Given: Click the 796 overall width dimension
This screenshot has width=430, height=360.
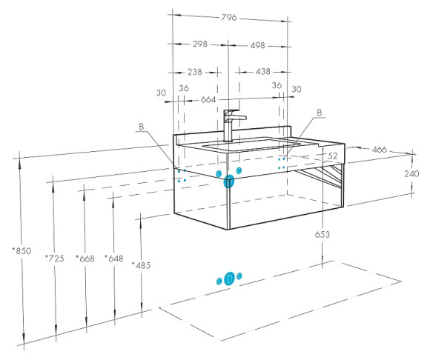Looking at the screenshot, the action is coord(228,18).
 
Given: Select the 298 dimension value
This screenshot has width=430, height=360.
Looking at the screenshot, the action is coord(200,44).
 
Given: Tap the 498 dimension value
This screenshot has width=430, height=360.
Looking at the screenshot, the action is coord(257,45).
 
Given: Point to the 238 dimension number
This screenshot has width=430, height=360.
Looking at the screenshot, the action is coord(195,72).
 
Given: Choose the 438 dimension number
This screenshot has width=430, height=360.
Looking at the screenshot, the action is coord(262,72).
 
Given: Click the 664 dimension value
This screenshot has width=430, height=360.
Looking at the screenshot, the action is coord(208,99).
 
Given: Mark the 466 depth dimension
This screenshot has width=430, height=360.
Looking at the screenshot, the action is coord(380,150).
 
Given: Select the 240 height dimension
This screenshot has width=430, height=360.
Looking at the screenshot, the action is coord(411,173).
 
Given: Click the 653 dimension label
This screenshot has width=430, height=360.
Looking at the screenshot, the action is coord(322,235).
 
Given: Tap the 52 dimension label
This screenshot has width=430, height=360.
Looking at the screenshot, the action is coord(333,156).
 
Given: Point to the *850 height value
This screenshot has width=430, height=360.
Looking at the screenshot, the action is coord(22,250).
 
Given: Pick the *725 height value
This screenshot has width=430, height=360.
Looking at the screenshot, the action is coord(55,258).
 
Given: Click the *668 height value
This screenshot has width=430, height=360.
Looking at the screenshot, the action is coord(85,259).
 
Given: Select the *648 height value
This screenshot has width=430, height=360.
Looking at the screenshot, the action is coord(114,258).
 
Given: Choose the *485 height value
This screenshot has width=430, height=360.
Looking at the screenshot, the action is coord(141,265).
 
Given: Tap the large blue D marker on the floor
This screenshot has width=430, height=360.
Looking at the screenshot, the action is coord(229,279).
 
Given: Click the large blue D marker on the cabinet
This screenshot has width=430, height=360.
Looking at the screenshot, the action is coord(228,181).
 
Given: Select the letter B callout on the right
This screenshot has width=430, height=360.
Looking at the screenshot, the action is coord(320,113).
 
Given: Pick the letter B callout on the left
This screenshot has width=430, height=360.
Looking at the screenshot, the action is coord(141,127).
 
